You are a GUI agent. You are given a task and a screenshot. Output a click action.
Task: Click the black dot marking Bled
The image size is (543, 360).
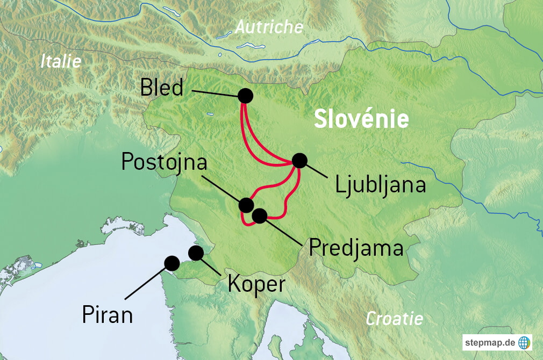(245, 96)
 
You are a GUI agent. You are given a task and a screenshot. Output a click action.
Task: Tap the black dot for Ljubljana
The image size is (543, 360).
(299, 160)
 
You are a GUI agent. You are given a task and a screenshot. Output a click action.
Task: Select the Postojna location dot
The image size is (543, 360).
(246, 205)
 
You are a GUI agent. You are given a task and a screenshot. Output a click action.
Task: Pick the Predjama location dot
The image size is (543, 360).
(259, 216)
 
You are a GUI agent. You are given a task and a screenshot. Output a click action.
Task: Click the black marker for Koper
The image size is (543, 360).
(196, 253)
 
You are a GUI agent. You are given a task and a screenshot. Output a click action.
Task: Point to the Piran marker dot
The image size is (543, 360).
(172, 263)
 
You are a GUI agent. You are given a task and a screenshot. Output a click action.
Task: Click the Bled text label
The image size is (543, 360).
(162, 88)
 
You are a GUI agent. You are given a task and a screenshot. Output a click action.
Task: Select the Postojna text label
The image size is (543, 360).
(165, 161)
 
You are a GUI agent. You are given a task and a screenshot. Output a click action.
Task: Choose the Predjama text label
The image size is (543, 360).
(356, 248)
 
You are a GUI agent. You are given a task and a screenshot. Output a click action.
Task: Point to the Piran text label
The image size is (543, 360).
(108, 315)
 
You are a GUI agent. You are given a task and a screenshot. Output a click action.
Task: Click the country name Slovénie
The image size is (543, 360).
(361, 119)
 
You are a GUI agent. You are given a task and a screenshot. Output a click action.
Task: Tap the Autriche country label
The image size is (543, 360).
(269, 27)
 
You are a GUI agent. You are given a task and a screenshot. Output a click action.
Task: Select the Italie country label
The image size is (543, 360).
(61, 61)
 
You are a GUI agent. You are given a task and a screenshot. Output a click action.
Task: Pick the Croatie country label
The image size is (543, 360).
(394, 319)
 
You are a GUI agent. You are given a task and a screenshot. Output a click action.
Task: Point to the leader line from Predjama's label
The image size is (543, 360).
(285, 232)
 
